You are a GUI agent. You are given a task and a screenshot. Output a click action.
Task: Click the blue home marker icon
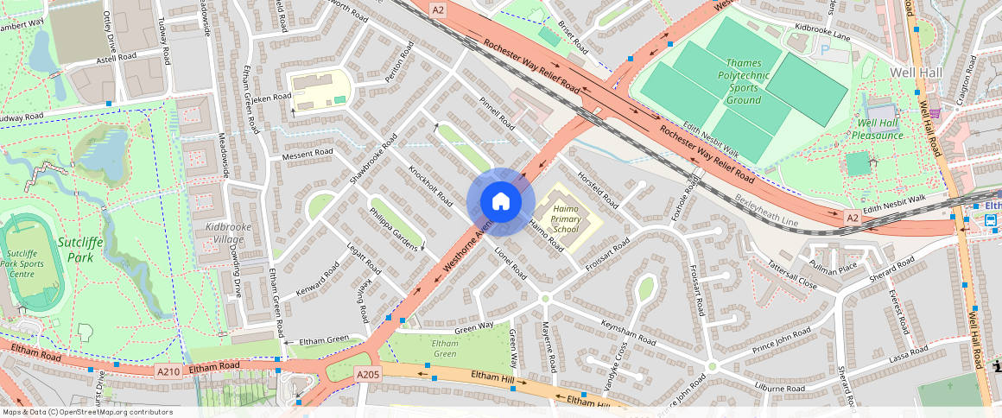point(500,201)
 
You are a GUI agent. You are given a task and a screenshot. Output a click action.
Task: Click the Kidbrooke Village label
point(205,232)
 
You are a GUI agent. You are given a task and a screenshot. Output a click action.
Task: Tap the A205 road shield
point(367,375)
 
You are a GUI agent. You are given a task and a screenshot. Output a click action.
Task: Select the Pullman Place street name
point(834,268)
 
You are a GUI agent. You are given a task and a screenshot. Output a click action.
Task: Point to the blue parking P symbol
point(823,51)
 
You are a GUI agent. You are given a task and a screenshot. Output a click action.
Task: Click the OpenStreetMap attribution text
point(86,412)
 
